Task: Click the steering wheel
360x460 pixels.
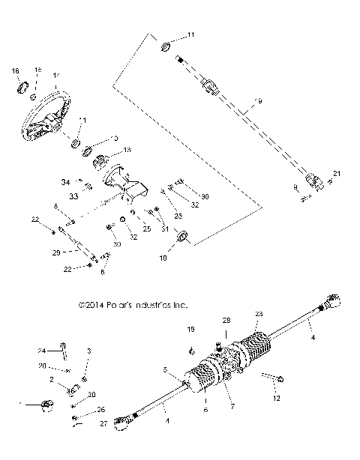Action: pos(49,112)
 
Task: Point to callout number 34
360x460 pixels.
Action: pos(65,182)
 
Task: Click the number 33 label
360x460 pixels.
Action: pos(74,196)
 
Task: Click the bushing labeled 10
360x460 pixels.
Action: pos(182,239)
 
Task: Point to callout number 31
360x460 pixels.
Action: pos(164,229)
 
